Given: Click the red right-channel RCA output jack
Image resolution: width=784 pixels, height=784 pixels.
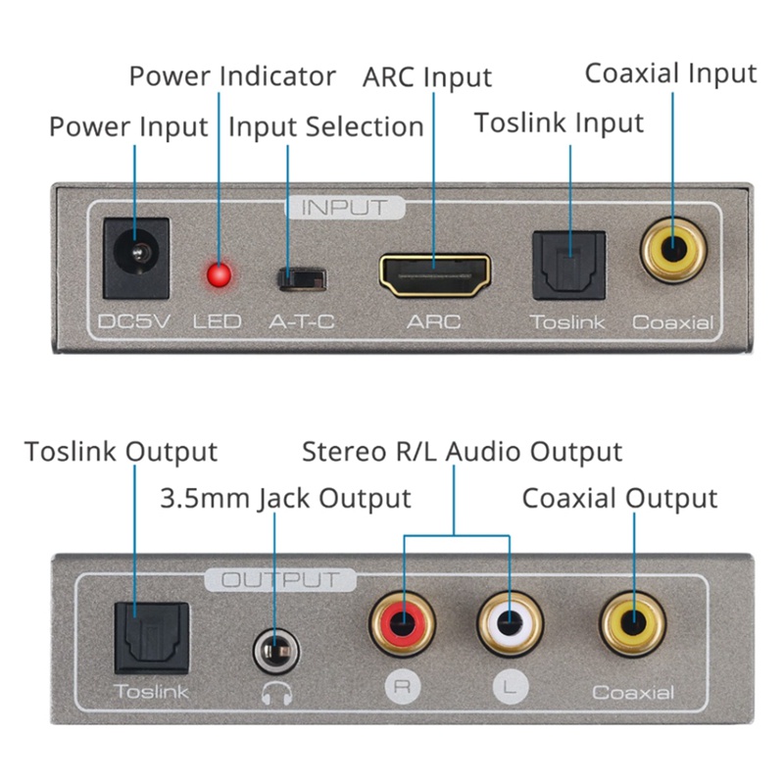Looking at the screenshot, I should pyautogui.click(x=402, y=621).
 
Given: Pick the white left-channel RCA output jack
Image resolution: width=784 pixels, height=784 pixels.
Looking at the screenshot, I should pyautogui.click(x=510, y=621).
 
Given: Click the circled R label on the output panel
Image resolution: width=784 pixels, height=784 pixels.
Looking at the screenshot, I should pyautogui.click(x=401, y=686).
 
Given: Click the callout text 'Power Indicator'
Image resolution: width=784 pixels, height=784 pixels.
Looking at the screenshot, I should pyautogui.click(x=232, y=76).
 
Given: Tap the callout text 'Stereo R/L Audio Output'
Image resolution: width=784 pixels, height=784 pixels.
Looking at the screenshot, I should pyautogui.click(x=462, y=452).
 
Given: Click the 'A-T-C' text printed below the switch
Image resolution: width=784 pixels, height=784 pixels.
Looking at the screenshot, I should pyautogui.click(x=302, y=321).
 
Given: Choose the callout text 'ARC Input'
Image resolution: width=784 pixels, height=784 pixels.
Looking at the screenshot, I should pyautogui.click(x=427, y=76).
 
